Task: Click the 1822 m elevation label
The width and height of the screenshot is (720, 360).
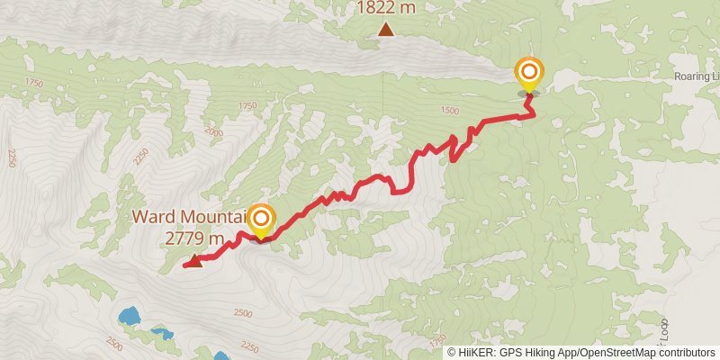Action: click(x=386, y=8)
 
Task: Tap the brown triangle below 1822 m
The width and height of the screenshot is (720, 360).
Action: click(x=386, y=30)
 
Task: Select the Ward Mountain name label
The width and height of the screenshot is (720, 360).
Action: click(x=190, y=217)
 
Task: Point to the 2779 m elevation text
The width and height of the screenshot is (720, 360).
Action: click(x=193, y=238)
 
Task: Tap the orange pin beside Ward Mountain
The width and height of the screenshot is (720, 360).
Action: click(x=261, y=219)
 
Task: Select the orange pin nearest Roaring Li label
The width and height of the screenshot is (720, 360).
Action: click(x=529, y=72)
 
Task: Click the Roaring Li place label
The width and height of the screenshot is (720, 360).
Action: click(x=697, y=77)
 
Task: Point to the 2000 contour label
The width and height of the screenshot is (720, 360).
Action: click(x=213, y=130)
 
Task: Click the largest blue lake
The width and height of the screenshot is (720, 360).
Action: click(x=130, y=317)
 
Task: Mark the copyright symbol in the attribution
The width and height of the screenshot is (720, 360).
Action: click(x=452, y=352)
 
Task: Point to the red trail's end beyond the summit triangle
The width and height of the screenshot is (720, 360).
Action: click(x=184, y=265)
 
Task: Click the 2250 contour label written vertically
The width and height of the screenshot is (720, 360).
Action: click(x=11, y=157)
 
